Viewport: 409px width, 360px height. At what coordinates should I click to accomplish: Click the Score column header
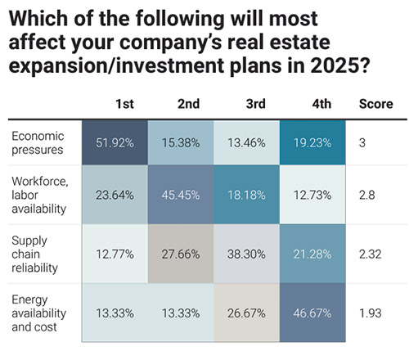point(375,105)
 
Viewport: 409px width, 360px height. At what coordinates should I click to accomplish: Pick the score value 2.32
point(371,255)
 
